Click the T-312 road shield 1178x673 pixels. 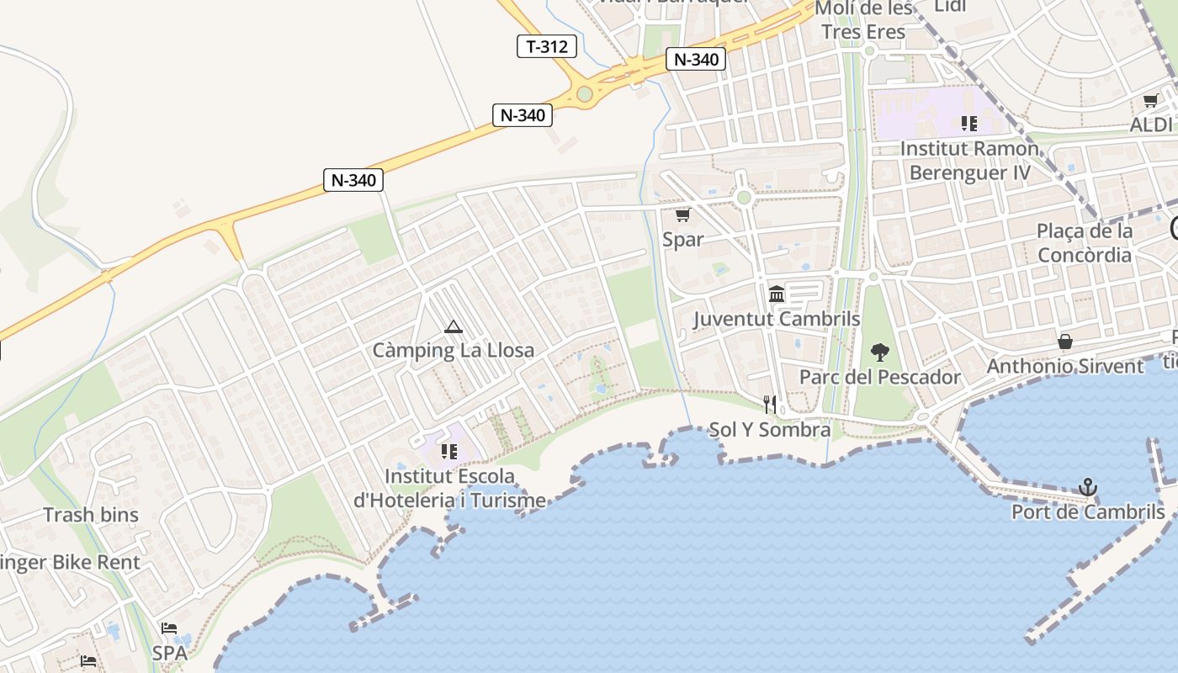click(547, 46)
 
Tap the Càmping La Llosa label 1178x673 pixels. click(454, 350)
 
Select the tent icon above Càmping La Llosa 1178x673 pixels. click(454, 326)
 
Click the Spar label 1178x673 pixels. click(682, 239)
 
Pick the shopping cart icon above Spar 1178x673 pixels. click(682, 215)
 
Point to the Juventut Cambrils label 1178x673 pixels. click(777, 319)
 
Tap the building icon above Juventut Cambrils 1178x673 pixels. click(777, 294)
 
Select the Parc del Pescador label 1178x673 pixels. click(879, 376)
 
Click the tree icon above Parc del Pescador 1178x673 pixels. click(880, 352)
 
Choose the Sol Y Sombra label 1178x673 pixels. click(769, 430)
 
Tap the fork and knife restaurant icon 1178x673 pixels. click(769, 405)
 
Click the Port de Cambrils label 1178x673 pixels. click(1088, 511)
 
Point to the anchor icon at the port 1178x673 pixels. click(1088, 487)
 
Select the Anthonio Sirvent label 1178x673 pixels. click(1065, 366)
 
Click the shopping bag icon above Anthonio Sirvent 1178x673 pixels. click(1065, 342)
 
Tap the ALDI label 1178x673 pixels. click(1151, 125)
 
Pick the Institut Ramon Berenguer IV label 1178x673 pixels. click(969, 160)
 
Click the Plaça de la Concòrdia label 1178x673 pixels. click(1085, 242)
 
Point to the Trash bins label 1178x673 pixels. click(91, 514)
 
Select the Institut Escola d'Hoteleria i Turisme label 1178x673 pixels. click(449, 488)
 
